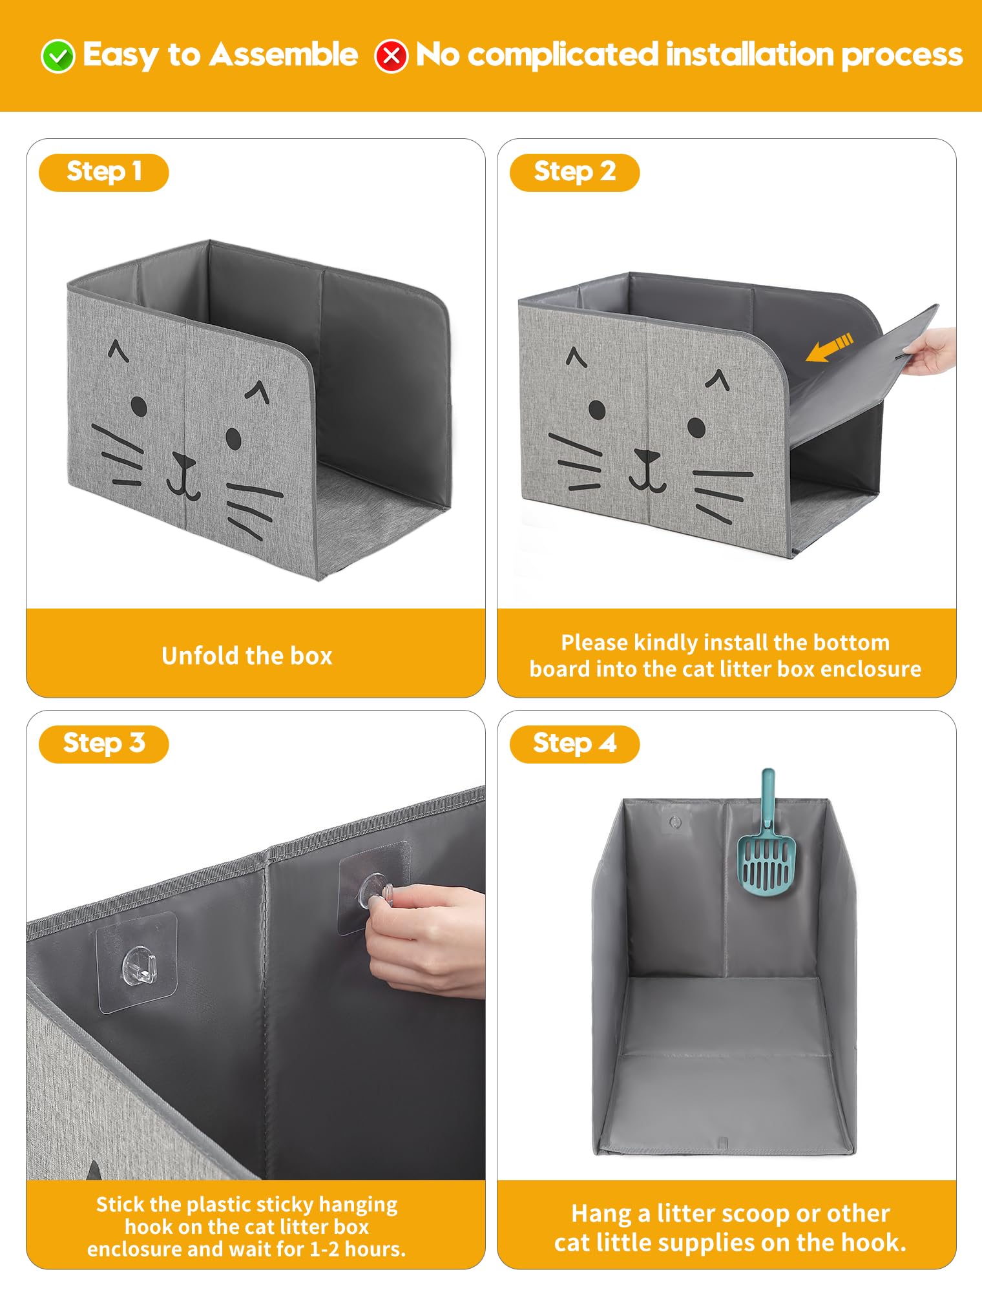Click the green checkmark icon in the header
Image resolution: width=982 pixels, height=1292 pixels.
(58, 56)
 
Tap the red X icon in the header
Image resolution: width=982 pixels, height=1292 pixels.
(392, 56)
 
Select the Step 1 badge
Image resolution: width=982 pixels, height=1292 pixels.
(103, 172)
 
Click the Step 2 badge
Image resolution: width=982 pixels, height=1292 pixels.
(574, 172)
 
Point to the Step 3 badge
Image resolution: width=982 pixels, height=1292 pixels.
(103, 744)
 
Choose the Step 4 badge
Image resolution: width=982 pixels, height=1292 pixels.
(574, 744)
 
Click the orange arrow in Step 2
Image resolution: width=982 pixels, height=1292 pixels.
(829, 347)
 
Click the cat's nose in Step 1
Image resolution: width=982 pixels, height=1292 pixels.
(184, 461)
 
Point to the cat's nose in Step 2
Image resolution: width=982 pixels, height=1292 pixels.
(646, 456)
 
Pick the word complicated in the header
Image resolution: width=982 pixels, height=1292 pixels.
(562, 55)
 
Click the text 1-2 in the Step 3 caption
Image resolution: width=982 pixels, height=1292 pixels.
(324, 1249)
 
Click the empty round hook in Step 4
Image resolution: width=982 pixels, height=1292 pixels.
(675, 822)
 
